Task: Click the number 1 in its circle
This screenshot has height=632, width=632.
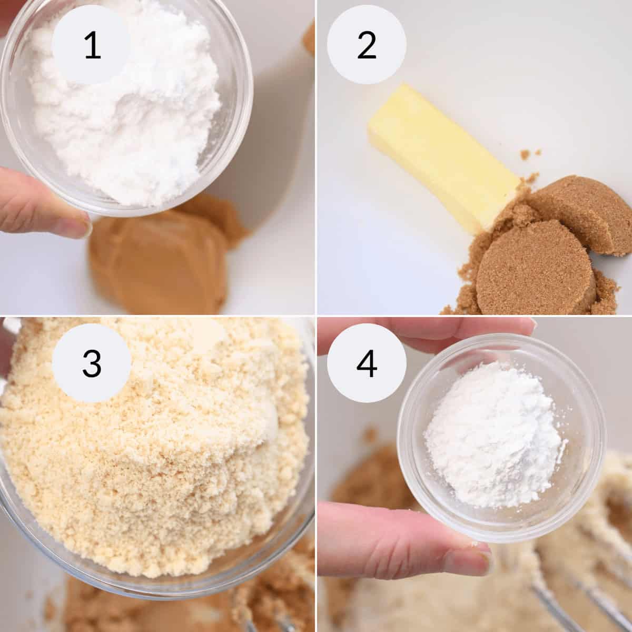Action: coord(92,46)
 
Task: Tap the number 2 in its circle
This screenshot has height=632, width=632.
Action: coord(366,46)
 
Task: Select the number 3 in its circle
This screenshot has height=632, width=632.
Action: coord(92,363)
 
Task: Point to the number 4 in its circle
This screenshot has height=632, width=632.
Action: coord(366,363)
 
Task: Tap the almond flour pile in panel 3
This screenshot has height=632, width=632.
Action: coord(158,448)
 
